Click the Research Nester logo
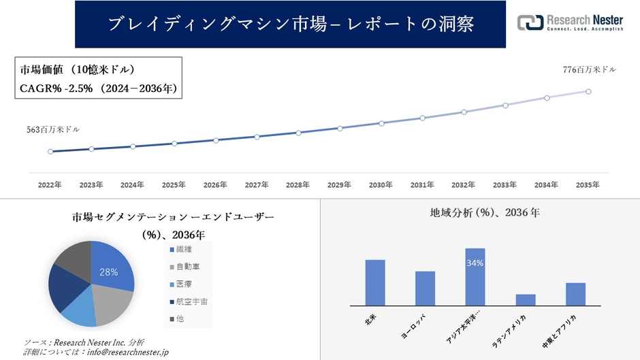pyautogui.click(x=570, y=24)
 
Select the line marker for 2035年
pyautogui.click(x=588, y=91)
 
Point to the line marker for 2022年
pyautogui.click(x=50, y=151)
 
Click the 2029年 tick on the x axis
pyautogui.click(x=339, y=184)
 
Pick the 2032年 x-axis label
pyautogui.click(x=464, y=184)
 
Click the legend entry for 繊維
pyautogui.click(x=182, y=250)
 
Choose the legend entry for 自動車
pyautogui.click(x=186, y=267)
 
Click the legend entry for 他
pyautogui.click(x=178, y=318)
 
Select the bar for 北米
pyautogui.click(x=375, y=282)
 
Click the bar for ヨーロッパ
pyautogui.click(x=425, y=288)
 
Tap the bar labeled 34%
pyautogui.click(x=475, y=277)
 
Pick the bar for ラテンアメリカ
pyautogui.click(x=526, y=299)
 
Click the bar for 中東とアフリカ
pyautogui.click(x=575, y=294)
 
